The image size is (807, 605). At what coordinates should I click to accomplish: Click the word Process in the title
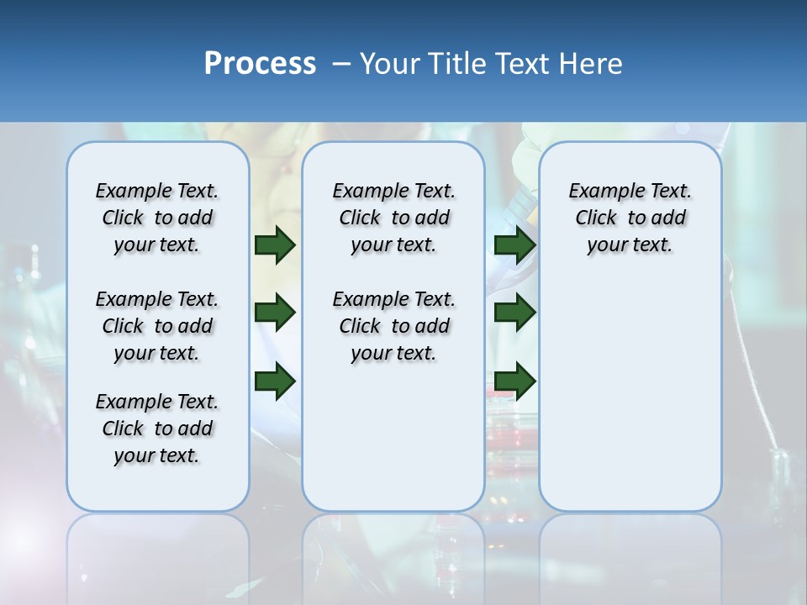point(260,64)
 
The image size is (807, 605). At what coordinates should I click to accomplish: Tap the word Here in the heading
point(589,64)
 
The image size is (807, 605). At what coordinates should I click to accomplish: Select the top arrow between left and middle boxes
point(275,245)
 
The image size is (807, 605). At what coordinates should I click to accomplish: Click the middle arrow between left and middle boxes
point(275,313)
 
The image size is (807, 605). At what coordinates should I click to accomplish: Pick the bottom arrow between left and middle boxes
point(275,381)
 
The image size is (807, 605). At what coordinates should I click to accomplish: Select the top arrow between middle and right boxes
point(515,245)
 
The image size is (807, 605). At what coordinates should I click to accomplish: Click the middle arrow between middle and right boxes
point(515,313)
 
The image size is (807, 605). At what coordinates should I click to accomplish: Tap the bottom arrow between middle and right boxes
point(515,381)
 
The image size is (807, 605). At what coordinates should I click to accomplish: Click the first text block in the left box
point(157,218)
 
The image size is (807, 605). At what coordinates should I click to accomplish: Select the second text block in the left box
point(157,326)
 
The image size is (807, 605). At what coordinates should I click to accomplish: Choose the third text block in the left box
point(157,429)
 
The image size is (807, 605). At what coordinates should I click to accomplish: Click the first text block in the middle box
point(393,218)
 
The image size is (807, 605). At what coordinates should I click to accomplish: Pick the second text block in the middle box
point(393,326)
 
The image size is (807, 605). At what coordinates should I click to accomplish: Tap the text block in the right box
point(630,218)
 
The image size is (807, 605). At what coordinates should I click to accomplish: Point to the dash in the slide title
point(341,64)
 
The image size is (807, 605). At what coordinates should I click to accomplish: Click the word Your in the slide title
point(389,64)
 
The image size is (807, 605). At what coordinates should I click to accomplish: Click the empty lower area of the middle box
point(393,437)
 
